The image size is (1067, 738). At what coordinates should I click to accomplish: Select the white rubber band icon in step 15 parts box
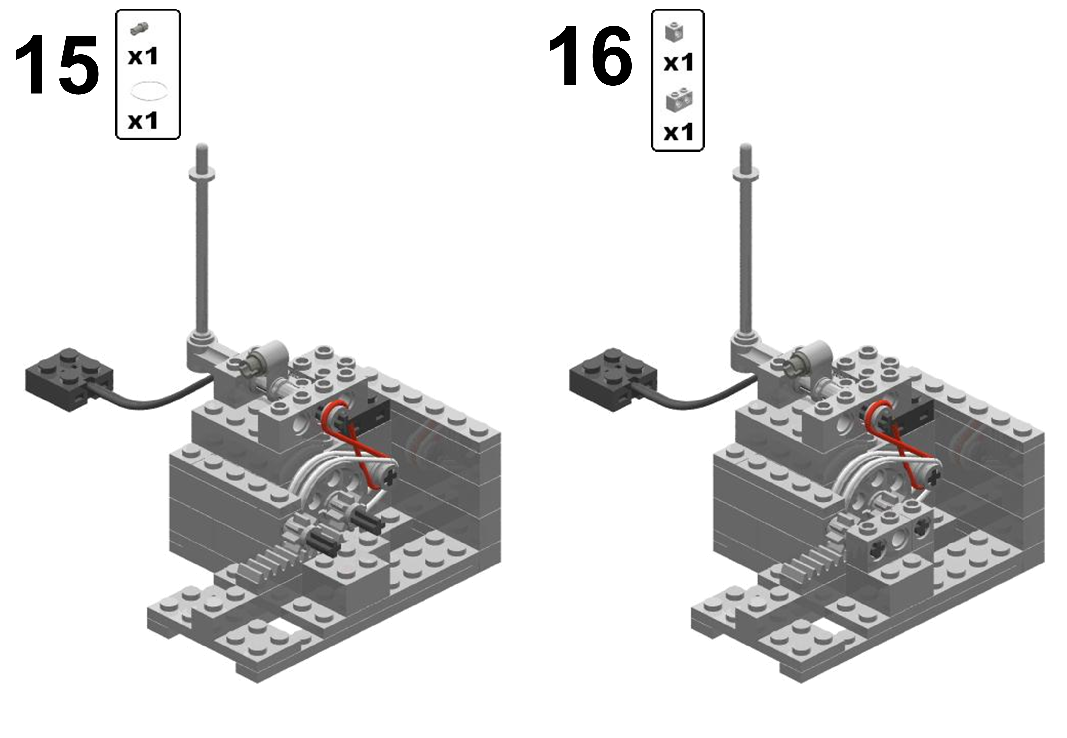click(x=148, y=90)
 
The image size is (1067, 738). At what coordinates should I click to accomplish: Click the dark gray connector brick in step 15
click(x=69, y=379)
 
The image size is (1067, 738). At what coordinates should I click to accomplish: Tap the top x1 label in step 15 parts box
click(x=143, y=56)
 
